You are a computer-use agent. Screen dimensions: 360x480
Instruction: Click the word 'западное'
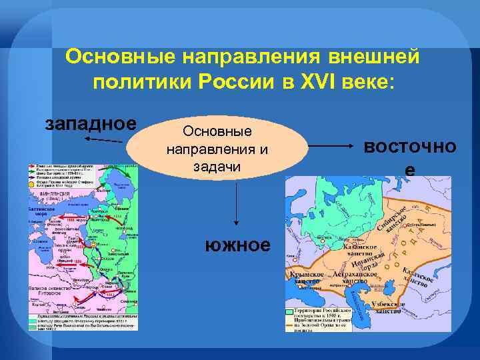coord(91,124)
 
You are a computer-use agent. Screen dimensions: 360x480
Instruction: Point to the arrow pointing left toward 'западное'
coord(103,139)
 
